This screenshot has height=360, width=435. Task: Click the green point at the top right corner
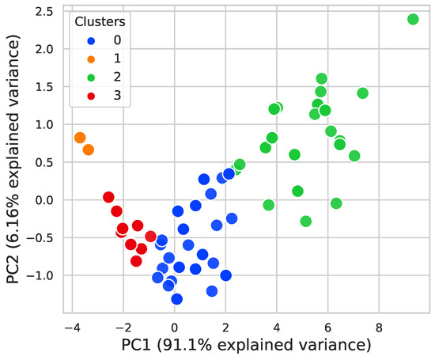413,19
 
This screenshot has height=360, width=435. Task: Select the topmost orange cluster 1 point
80,138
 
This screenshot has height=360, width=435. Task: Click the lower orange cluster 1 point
88,150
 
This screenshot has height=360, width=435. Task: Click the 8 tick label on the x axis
379,327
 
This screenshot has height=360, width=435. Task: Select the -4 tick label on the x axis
71,327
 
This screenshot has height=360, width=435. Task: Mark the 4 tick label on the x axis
277,327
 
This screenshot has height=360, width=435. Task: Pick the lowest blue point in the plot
176,299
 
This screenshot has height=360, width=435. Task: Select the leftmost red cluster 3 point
108,197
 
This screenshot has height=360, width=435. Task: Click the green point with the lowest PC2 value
305,221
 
